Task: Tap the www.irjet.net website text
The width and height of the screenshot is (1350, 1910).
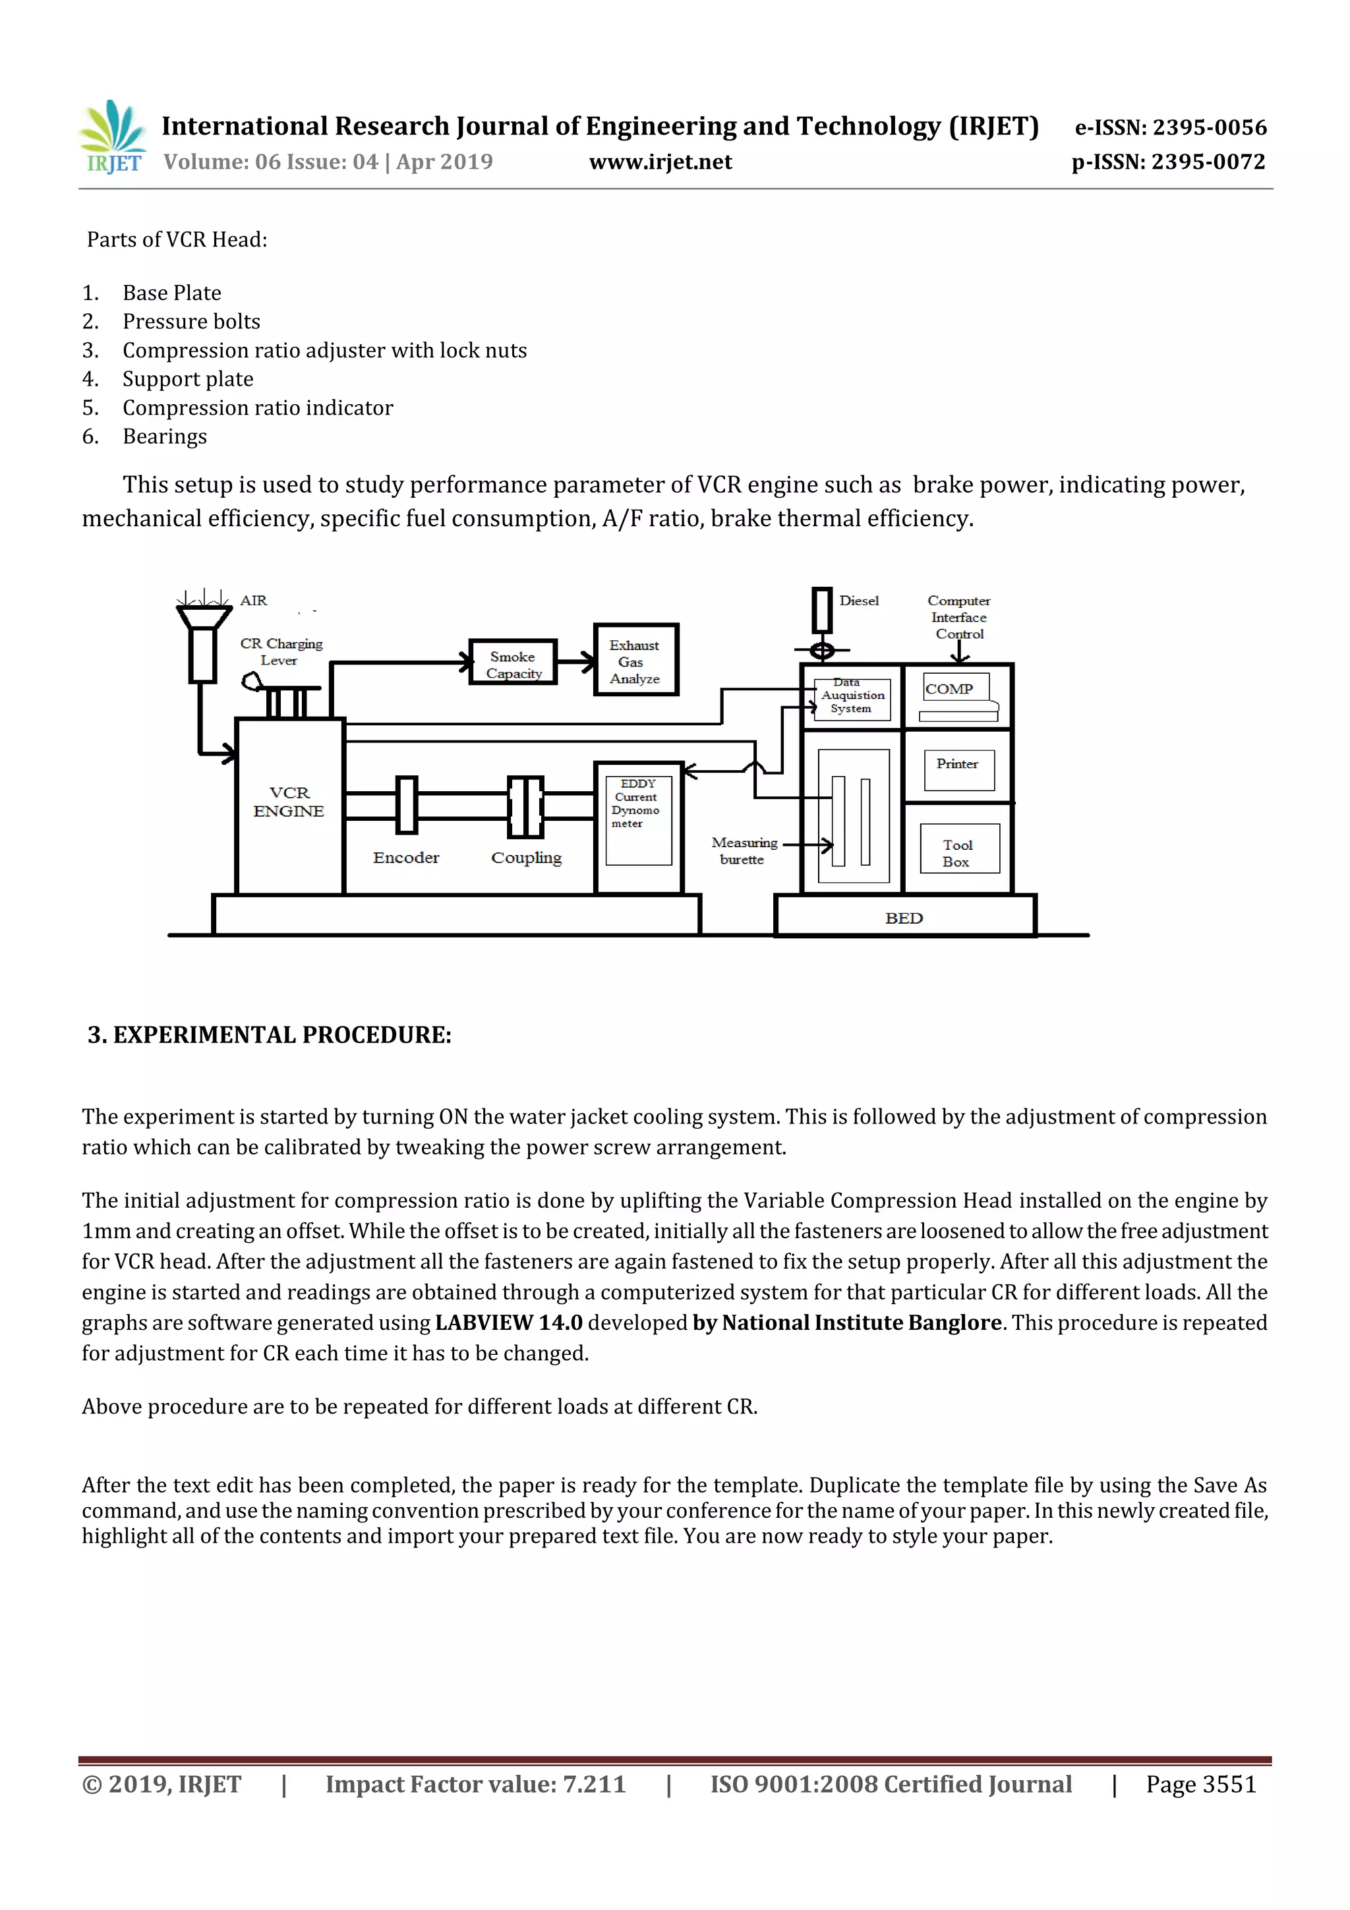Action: tap(660, 162)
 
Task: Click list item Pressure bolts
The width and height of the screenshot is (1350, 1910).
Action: tap(191, 321)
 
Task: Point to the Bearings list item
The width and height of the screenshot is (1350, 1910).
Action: tap(164, 436)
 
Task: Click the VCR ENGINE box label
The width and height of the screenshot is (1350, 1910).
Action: tap(289, 801)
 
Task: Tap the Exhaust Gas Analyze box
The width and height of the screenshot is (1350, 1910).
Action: tap(635, 661)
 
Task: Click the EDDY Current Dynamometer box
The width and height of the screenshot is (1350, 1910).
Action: tap(637, 820)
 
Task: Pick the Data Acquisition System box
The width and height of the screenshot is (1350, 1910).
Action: tap(851, 697)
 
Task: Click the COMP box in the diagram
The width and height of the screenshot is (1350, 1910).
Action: tap(956, 689)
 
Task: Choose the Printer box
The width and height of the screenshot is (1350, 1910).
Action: tap(957, 766)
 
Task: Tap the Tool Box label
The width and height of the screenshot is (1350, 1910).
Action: tap(957, 852)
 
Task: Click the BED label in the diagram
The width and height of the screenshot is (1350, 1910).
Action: tap(903, 918)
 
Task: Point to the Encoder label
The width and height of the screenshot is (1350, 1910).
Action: tap(406, 857)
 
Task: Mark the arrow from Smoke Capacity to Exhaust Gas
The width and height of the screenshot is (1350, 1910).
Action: tap(575, 662)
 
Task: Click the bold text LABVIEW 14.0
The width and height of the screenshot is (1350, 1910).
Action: tap(508, 1323)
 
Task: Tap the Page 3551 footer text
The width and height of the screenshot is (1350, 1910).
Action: tap(1200, 1783)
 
